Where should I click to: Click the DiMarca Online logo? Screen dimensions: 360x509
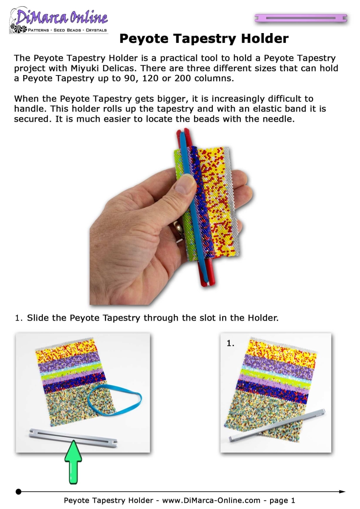pos(59,20)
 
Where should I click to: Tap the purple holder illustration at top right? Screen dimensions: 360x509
pos(301,18)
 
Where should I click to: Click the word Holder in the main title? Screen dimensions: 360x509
pos(265,39)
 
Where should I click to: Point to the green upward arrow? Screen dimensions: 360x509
pos(73,462)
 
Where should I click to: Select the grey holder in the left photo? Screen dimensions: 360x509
pos(73,438)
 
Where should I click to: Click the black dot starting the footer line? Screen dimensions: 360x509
pos(19,492)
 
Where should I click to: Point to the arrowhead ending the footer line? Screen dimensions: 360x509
pos(342,492)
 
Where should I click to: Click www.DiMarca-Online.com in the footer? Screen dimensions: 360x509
pos(211,500)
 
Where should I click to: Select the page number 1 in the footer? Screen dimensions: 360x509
pos(293,500)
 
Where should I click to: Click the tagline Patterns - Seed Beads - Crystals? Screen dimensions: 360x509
pos(67,30)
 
